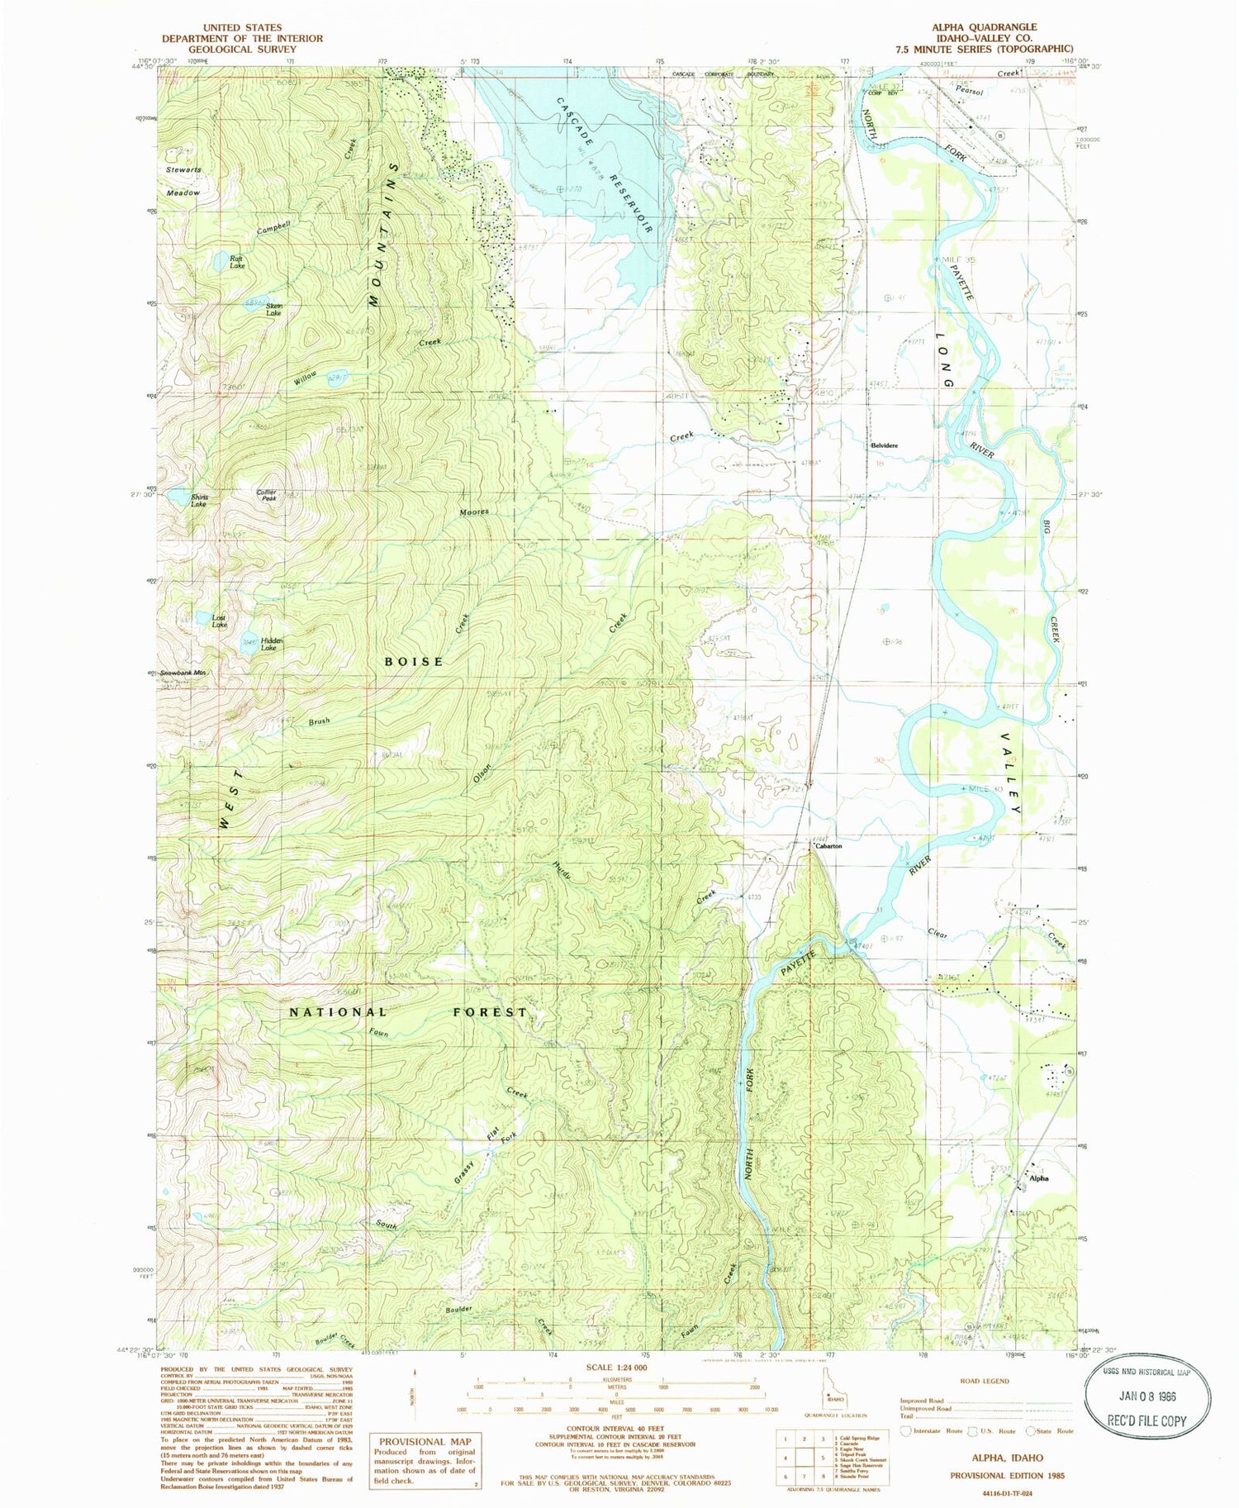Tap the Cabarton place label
click(828, 847)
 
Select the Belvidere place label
click(884, 445)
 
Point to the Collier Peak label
click(266, 496)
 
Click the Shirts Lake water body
click(178, 497)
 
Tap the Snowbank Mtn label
click(182, 673)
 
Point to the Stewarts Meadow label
click(183, 181)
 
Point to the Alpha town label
click(1038, 1178)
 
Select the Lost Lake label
click(219, 621)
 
